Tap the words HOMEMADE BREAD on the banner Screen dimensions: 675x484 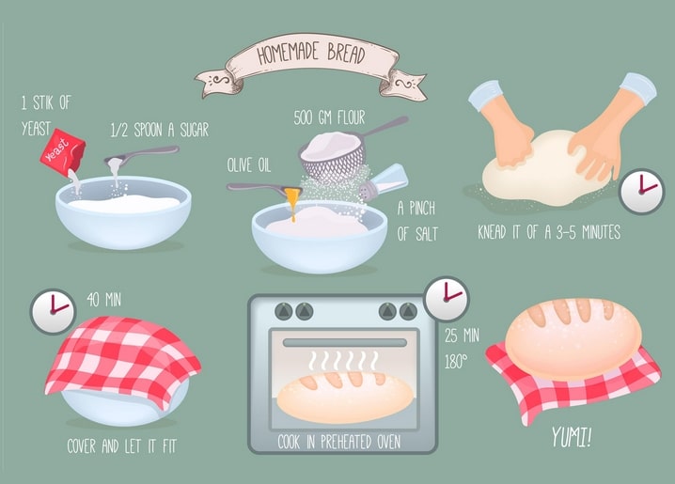[x=311, y=53]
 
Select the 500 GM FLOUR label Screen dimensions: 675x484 [x=329, y=117]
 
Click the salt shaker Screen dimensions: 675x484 [x=384, y=183]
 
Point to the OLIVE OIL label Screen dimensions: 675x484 [x=249, y=165]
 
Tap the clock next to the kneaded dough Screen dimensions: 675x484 [x=641, y=191]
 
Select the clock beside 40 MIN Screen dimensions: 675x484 [x=53, y=311]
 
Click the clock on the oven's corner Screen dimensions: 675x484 [x=446, y=299]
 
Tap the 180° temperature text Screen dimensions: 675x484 [x=456, y=362]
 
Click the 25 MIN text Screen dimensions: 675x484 [x=462, y=336]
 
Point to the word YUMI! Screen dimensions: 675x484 [x=572, y=437]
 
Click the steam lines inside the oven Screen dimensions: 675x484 [x=343, y=361]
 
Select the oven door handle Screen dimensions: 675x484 [x=345, y=342]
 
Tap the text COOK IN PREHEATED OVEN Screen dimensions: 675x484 [x=339, y=442]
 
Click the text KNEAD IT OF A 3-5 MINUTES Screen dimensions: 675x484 [x=549, y=232]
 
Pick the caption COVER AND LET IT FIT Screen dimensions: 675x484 [x=122, y=446]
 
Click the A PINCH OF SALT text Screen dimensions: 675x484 [x=416, y=221]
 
